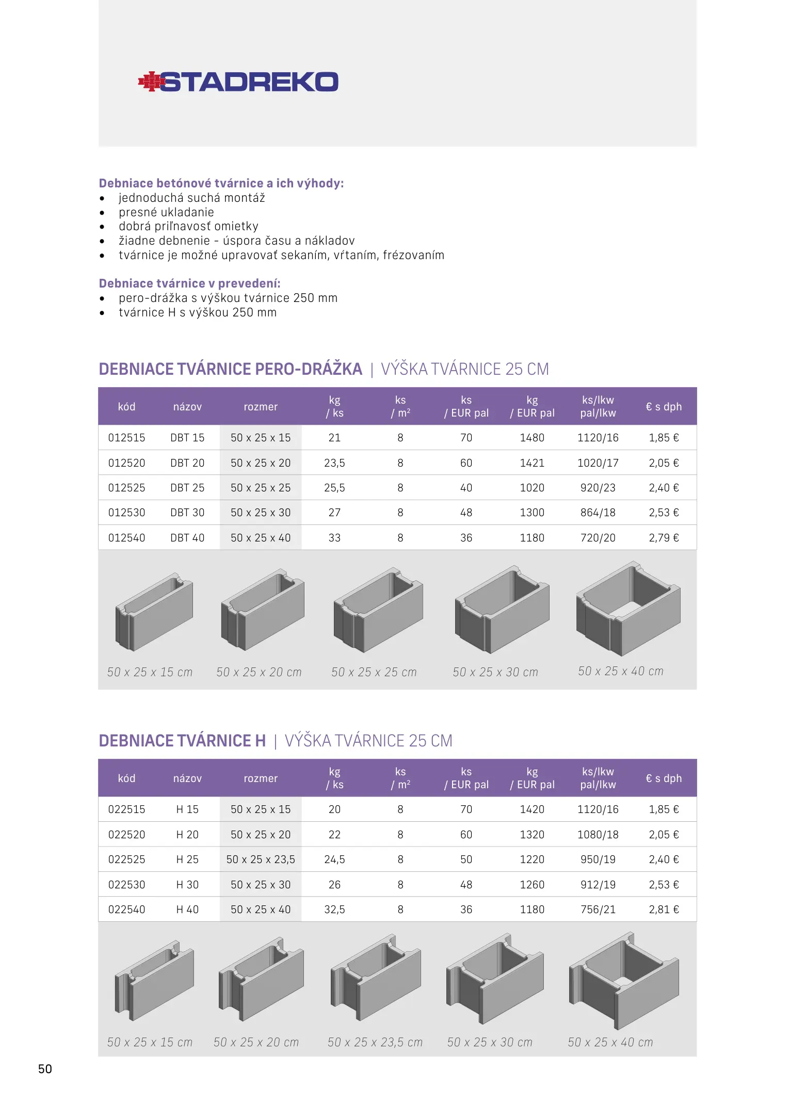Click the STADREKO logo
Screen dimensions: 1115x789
[238, 82]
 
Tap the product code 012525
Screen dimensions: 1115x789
[126, 488]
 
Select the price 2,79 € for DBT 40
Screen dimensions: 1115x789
[664, 538]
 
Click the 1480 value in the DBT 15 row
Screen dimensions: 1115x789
[532, 438]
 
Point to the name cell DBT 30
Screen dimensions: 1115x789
[187, 513]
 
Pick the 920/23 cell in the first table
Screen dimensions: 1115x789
[598, 488]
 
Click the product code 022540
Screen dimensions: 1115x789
[126, 910]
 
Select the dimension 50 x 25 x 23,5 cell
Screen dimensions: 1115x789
[261, 859]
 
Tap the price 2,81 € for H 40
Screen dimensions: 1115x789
[664, 910]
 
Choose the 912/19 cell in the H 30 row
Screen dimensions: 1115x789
[598, 885]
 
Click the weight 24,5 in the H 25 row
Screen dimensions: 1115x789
[334, 859]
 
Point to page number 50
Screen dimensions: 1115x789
[45, 1069]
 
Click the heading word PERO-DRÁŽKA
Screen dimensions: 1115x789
[309, 369]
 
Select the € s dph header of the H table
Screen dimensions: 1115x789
[664, 778]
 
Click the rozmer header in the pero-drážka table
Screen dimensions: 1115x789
[261, 407]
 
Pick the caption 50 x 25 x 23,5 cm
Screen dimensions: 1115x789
[375, 1042]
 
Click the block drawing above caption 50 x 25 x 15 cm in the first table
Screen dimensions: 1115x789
[154, 612]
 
